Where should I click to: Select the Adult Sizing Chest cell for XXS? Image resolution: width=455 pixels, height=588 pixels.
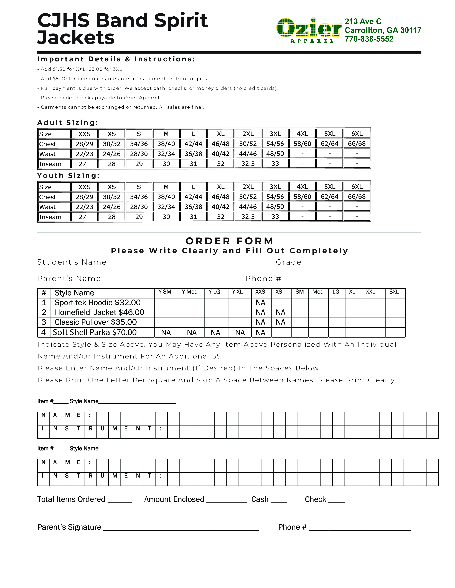pos(84,144)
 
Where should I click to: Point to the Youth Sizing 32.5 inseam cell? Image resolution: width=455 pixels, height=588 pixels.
pos(248,217)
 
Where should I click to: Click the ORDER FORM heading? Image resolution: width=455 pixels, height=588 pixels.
pos(230,241)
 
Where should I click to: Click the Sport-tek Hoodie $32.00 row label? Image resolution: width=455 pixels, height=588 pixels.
pos(98,303)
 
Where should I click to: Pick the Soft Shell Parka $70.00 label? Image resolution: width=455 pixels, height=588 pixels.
pos(95,332)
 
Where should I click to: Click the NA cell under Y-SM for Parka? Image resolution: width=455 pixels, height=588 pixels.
pos(166,333)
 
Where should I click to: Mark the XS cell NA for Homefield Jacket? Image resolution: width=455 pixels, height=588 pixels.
pos(280,312)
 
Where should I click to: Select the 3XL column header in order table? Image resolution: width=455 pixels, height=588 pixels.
pos(394,292)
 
